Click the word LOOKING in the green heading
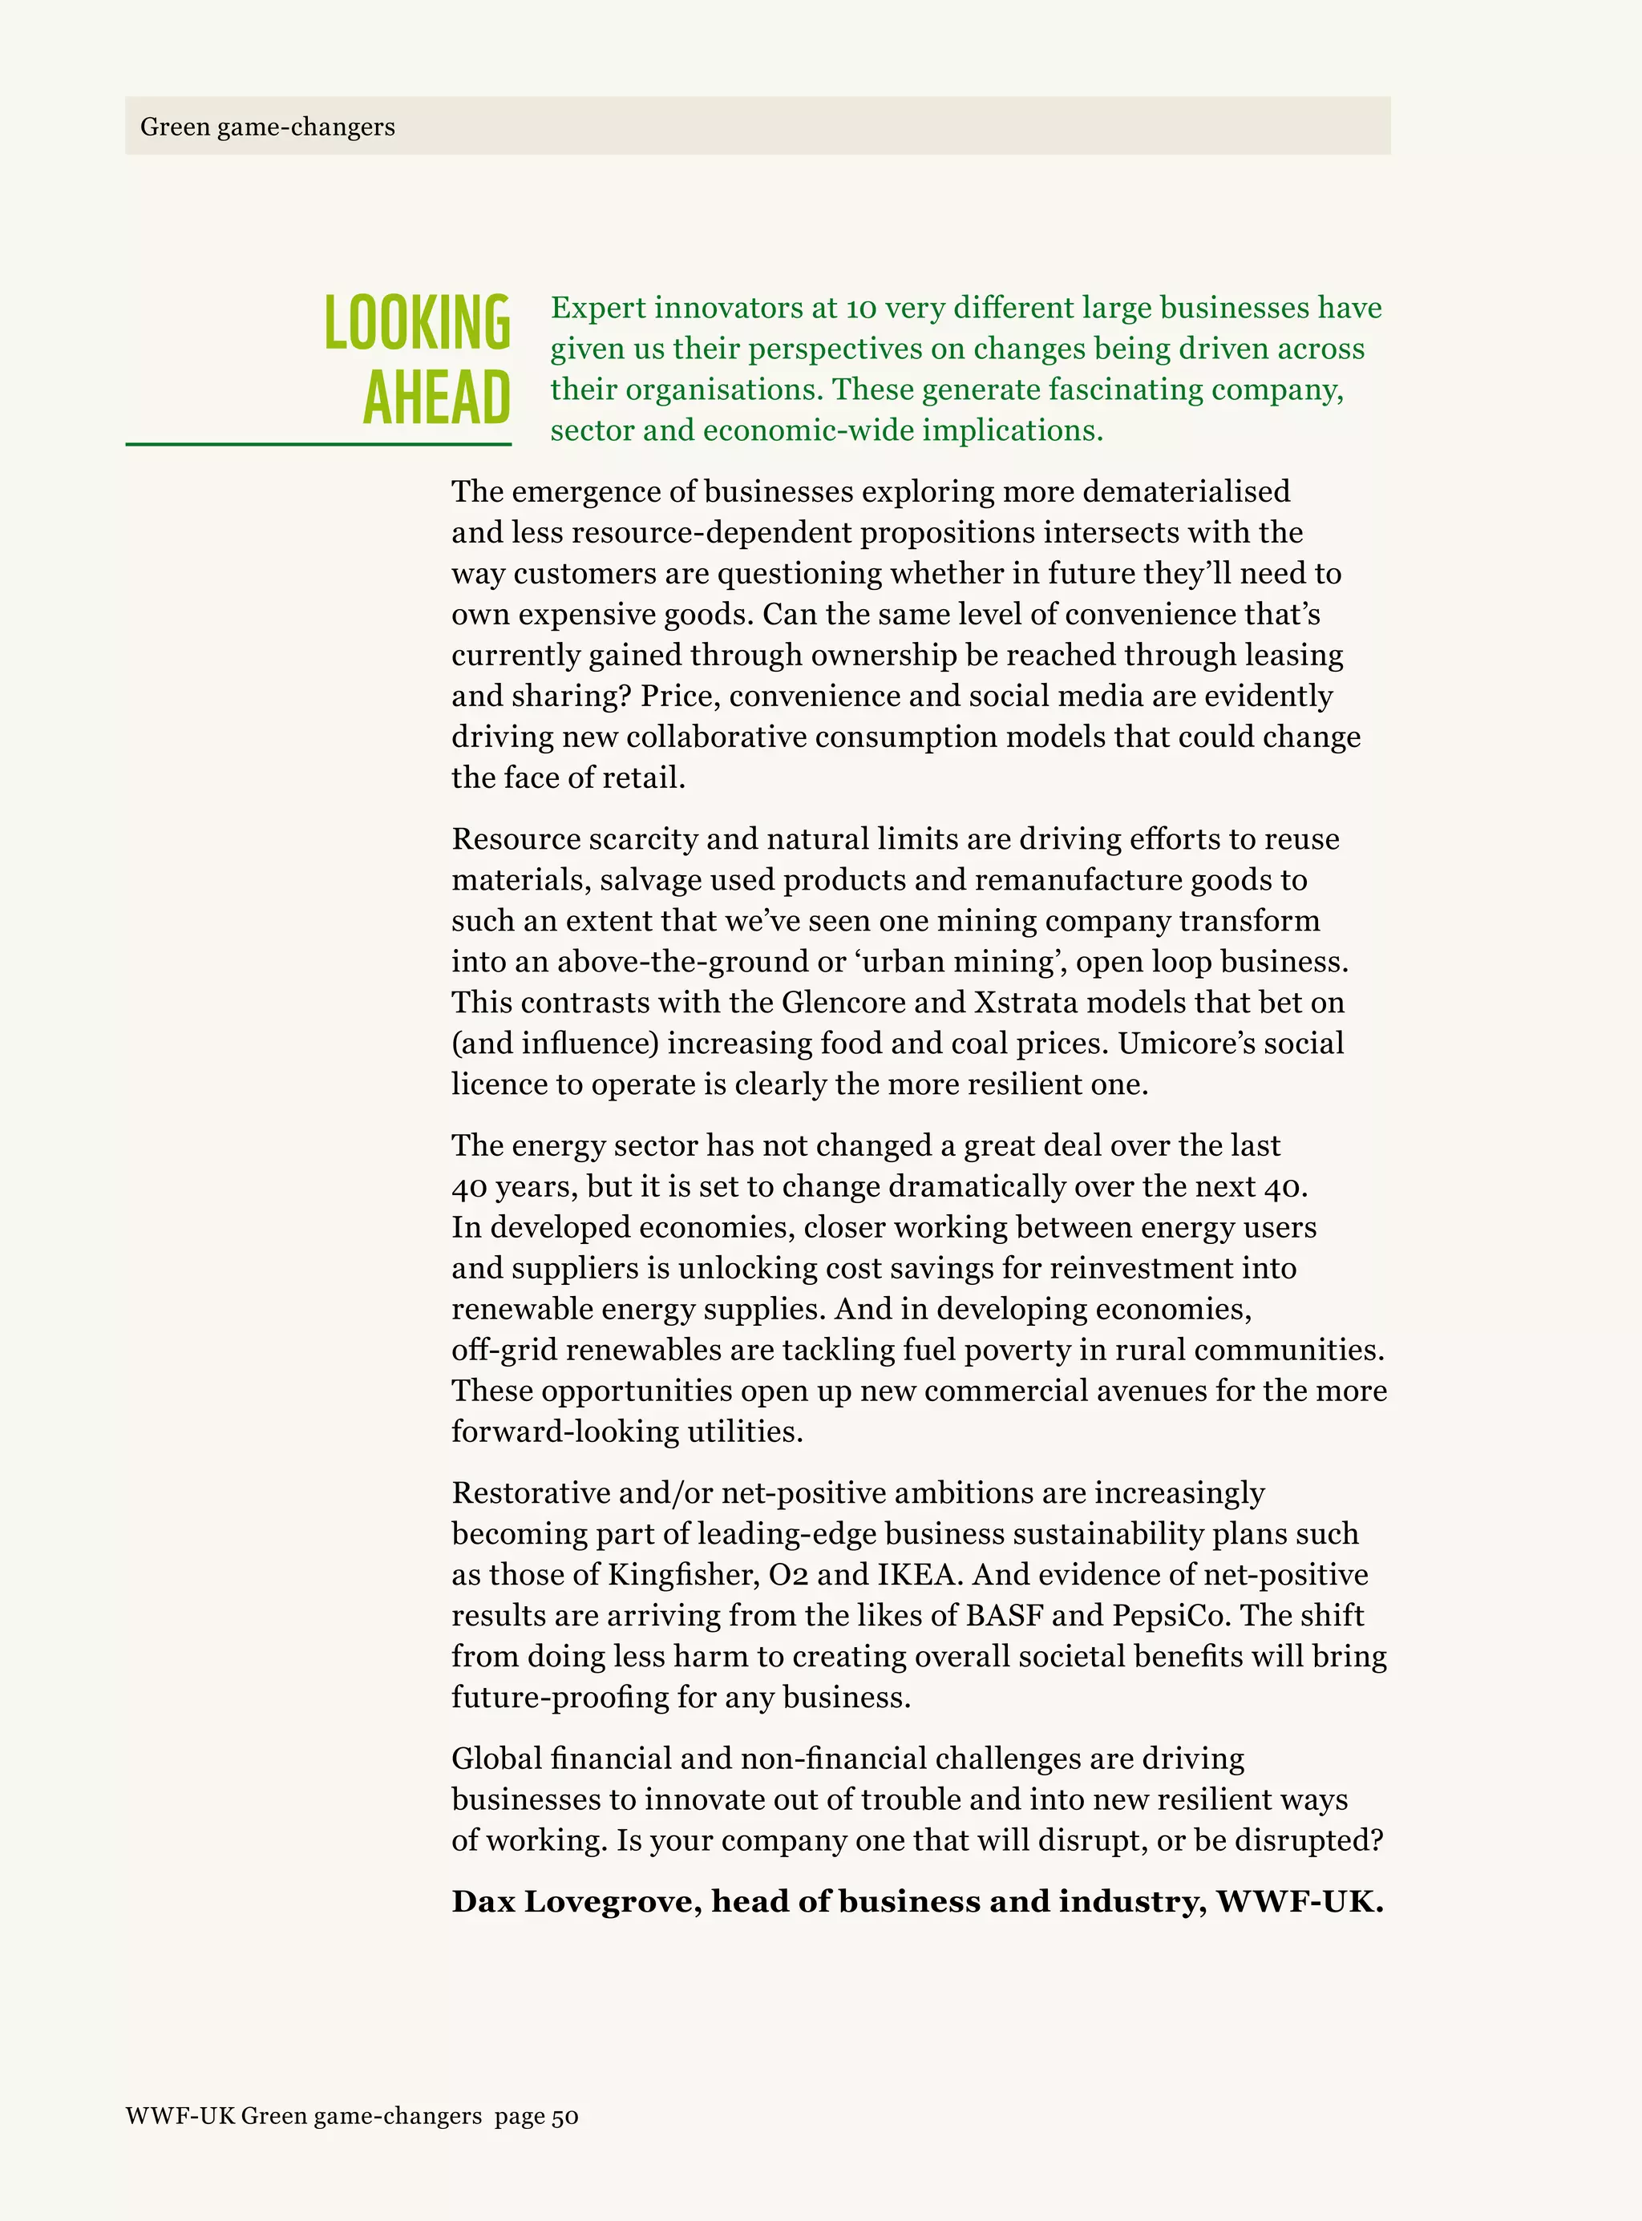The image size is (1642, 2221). (418, 323)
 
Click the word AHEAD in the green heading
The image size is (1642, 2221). (436, 398)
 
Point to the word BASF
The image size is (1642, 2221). (1004, 1615)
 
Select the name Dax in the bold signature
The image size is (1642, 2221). (484, 1901)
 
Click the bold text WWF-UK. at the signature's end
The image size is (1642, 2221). (1300, 1901)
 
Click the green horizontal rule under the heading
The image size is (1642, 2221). (318, 444)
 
